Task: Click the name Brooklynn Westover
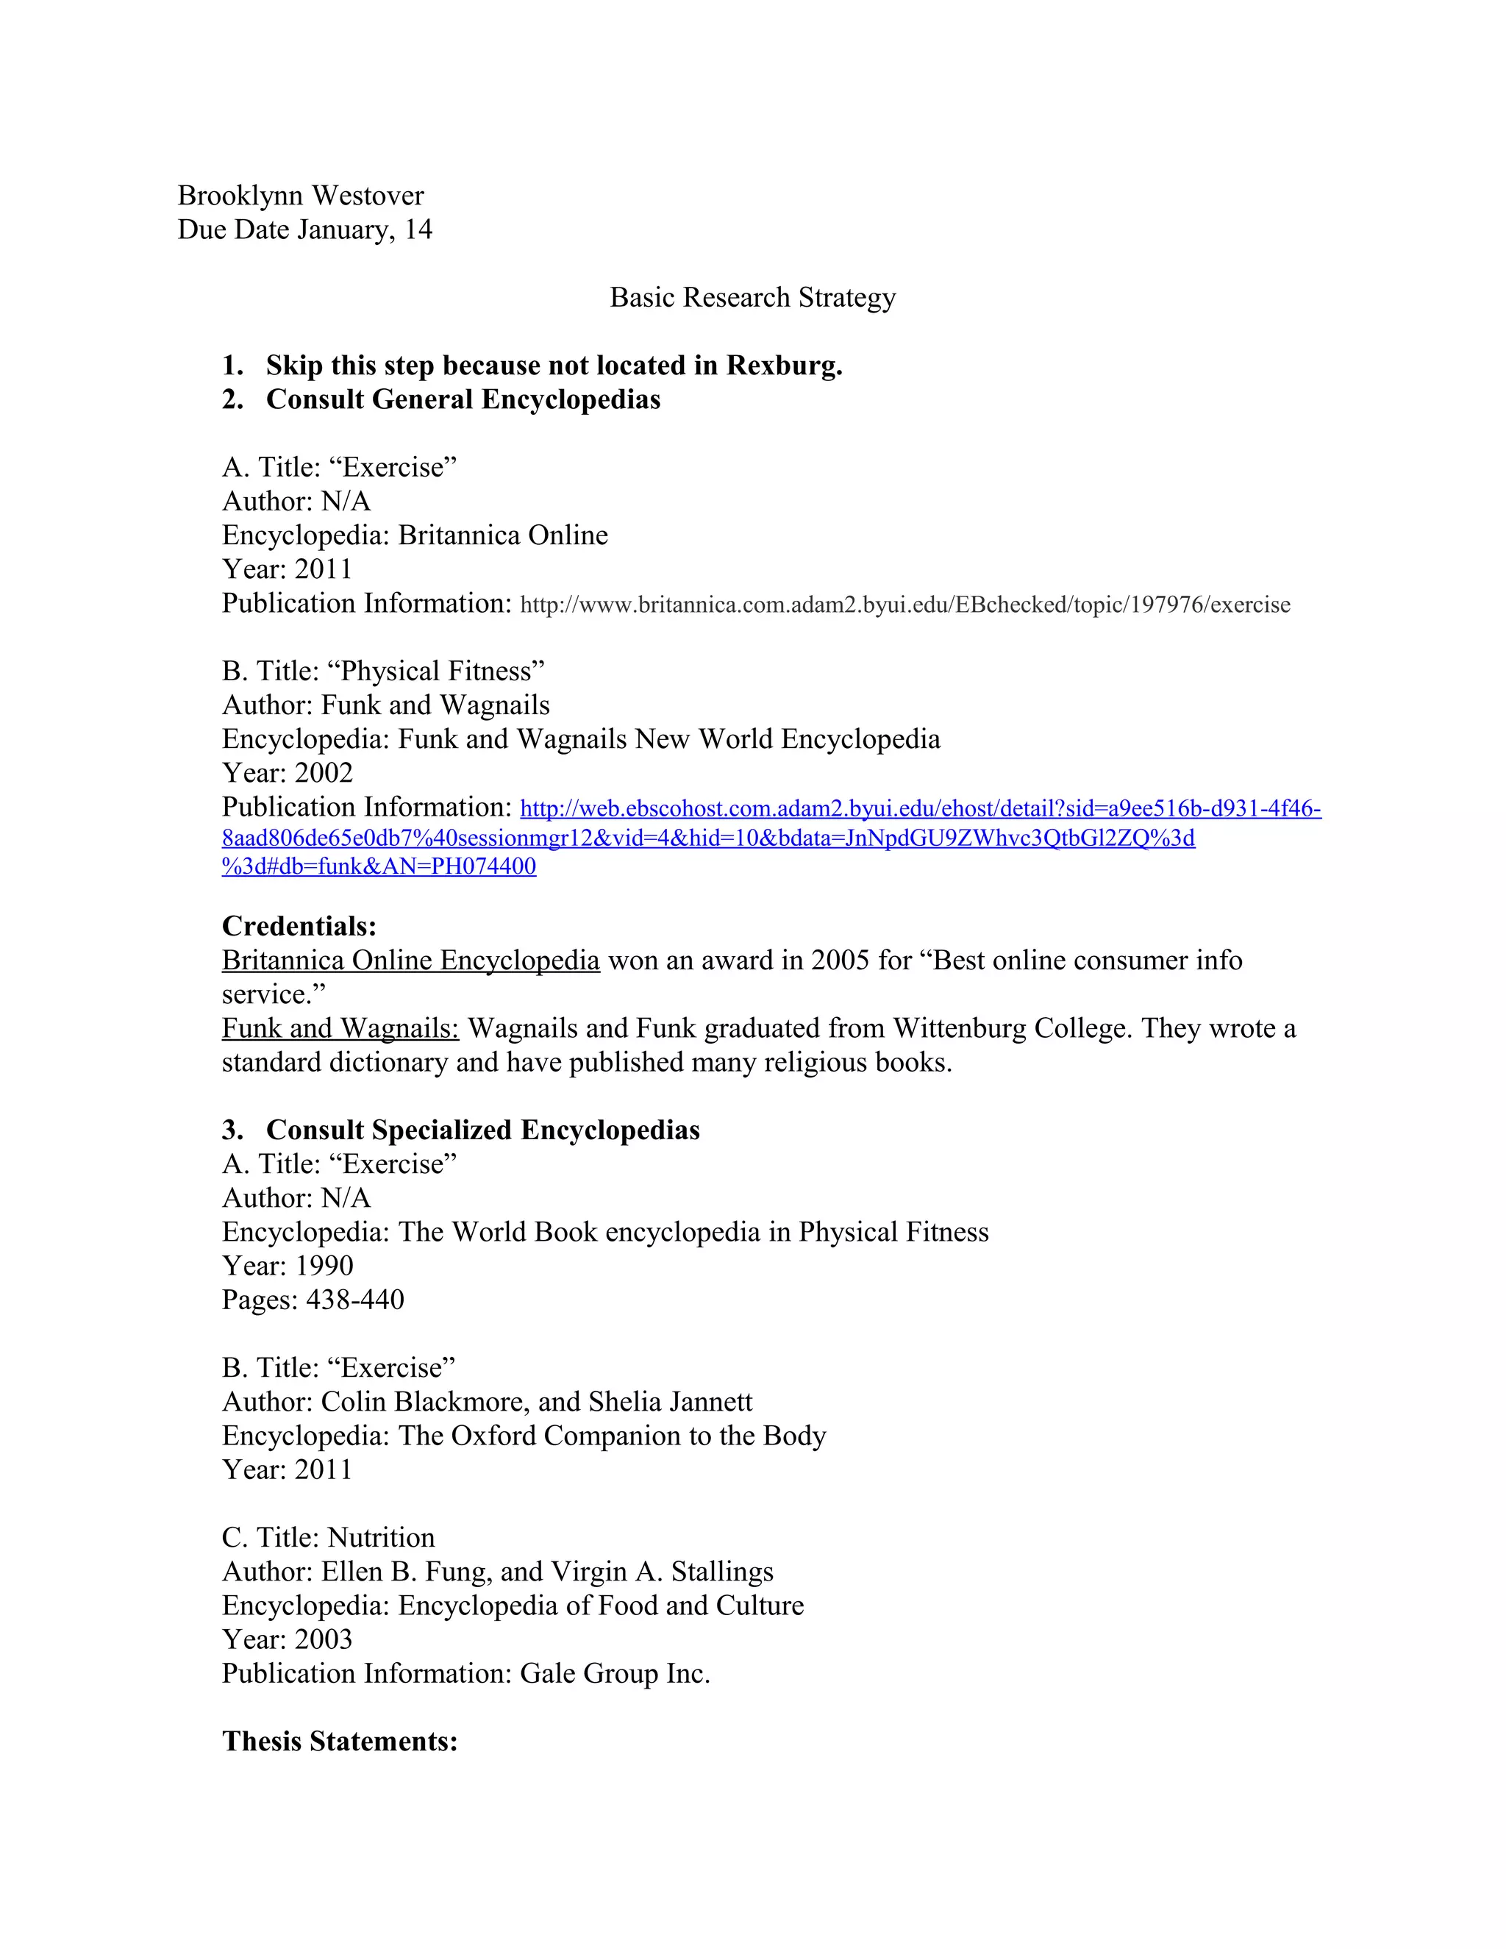[301, 196]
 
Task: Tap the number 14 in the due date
[418, 229]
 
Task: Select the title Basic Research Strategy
[752, 297]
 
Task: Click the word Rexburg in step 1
[783, 365]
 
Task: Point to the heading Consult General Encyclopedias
[463, 399]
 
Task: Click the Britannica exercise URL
[904, 605]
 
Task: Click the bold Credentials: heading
[299, 925]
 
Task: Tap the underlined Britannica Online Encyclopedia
[410, 961]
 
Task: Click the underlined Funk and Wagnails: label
[340, 1028]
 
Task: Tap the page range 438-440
[355, 1300]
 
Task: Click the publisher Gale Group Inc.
[615, 1673]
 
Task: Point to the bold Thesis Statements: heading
[340, 1741]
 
